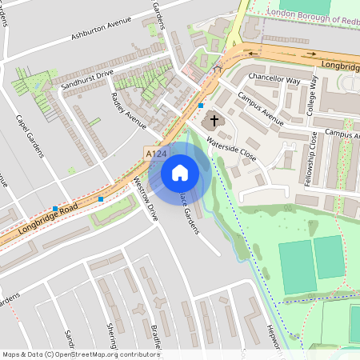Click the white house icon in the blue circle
(180, 172)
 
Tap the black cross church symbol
(213, 122)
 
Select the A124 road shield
(156, 152)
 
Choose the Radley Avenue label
(129, 110)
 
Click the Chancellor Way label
(274, 79)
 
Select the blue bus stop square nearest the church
(201, 106)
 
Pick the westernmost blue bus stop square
(54, 208)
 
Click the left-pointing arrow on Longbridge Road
(255, 54)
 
